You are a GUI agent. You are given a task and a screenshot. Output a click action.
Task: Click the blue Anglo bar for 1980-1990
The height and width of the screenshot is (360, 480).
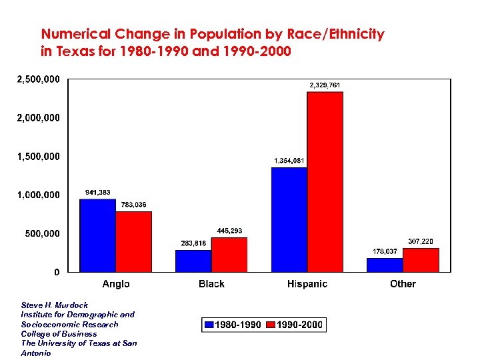click(97, 235)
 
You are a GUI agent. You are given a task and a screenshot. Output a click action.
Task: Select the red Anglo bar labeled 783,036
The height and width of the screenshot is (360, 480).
click(134, 241)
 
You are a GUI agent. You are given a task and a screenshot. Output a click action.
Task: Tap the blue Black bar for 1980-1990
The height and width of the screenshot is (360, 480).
click(193, 261)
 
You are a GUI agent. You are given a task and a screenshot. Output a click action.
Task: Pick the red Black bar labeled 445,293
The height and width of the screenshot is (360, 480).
click(229, 255)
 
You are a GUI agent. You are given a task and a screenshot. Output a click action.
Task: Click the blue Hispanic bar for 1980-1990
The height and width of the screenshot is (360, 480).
click(289, 219)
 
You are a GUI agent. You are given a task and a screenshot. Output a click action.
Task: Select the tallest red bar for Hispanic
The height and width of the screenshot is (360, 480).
click(325, 181)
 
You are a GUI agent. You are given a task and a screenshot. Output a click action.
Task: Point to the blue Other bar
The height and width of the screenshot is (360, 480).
click(385, 265)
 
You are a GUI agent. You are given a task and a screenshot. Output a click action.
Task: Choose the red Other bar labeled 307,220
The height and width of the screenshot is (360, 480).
click(421, 260)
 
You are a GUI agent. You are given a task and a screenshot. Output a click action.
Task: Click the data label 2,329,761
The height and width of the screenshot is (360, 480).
click(325, 85)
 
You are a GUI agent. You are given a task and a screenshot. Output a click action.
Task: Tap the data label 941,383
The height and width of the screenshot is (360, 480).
click(98, 193)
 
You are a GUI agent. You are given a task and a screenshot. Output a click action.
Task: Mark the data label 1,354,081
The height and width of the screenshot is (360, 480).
click(289, 161)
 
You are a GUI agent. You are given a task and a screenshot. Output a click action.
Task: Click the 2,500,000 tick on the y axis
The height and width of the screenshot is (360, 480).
click(37, 79)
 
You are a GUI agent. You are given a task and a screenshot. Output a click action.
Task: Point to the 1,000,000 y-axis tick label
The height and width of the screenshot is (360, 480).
click(37, 195)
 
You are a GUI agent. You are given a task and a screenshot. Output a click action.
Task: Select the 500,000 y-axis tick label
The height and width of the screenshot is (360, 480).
click(41, 233)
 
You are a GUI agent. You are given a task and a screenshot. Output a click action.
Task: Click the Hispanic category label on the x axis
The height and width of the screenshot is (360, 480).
click(307, 284)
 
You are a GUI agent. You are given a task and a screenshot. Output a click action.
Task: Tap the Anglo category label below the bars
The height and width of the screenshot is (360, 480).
click(116, 284)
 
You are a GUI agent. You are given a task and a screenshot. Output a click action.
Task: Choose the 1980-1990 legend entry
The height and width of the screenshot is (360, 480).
click(233, 325)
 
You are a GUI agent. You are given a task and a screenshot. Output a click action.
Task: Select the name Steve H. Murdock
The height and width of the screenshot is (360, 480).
click(54, 305)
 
